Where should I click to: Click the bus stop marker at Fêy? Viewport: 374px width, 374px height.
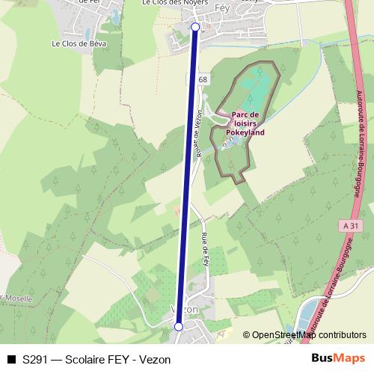coord(196,27)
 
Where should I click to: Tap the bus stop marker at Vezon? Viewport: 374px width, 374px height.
coord(179,326)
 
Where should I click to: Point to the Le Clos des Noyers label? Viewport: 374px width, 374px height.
coord(169,3)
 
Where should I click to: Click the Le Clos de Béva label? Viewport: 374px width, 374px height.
coord(79,44)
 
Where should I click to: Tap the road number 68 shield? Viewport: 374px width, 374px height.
coord(203,79)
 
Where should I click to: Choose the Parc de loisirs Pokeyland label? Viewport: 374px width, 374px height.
coord(248,123)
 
